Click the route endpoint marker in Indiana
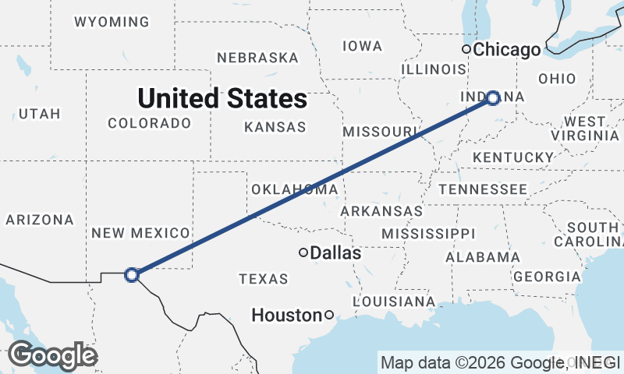(493, 97)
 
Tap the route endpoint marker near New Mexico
(132, 274)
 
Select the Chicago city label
(507, 50)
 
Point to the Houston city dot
(329, 315)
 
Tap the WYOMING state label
(112, 22)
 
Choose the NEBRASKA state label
(257, 58)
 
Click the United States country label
(222, 99)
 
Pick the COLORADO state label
(149, 123)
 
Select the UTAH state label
(39, 114)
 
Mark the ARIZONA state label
(40, 221)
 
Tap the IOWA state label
(362, 46)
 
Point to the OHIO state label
(557, 79)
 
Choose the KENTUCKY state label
(512, 157)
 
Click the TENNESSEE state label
(482, 189)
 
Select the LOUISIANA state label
(394, 301)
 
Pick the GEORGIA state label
(547, 277)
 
